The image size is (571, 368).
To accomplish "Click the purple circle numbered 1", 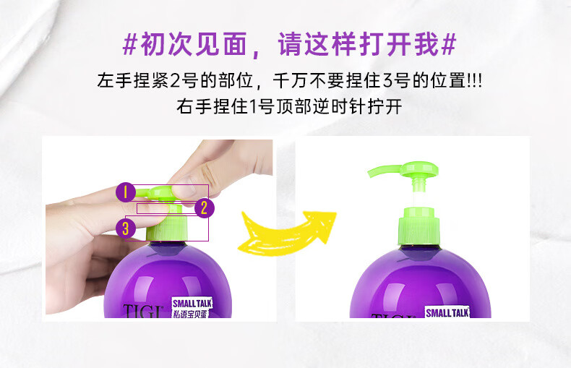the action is pos(125,192).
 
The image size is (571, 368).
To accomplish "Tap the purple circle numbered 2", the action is pos(205,208).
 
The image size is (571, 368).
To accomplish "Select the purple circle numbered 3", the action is pos(126,228).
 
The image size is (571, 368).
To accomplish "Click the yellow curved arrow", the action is pos(287,233).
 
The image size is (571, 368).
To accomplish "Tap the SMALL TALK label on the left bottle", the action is pos(192,303).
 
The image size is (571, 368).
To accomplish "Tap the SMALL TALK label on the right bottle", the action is pos(447,312).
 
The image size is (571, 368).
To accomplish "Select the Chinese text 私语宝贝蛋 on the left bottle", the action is pos(189,314).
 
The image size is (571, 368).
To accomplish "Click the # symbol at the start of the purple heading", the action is pos(130,44).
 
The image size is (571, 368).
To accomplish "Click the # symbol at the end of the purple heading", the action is pos(448,44).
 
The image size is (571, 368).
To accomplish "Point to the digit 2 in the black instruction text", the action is pos(176,80).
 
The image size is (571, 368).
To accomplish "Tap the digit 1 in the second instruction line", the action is pos(254,107).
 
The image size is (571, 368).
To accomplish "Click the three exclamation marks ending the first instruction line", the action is pos(475,80).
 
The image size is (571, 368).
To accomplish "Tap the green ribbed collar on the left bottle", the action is pos(166,228).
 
